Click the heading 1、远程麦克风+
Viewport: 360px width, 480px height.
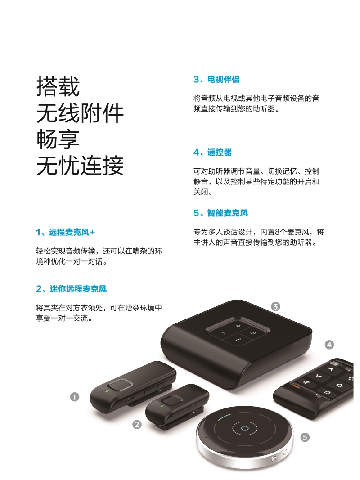click(65, 232)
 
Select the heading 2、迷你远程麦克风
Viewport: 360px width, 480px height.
click(72, 289)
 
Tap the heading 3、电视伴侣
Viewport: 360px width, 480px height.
click(216, 79)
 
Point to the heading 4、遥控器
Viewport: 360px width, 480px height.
click(212, 152)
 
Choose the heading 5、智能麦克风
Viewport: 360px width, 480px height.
click(220, 213)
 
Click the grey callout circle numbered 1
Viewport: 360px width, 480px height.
click(75, 397)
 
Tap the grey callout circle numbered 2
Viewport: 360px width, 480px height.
click(137, 425)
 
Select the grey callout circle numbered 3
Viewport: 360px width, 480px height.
click(275, 306)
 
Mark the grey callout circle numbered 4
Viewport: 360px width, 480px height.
click(329, 345)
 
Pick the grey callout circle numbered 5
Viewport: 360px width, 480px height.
click(305, 437)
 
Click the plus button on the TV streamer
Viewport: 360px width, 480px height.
click(238, 326)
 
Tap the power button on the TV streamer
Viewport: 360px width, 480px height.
click(253, 333)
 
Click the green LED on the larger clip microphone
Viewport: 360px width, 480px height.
click(107, 391)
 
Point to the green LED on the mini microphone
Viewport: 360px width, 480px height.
click(162, 406)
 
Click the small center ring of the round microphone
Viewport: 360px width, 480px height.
click(245, 428)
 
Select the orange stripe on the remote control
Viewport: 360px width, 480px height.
click(297, 386)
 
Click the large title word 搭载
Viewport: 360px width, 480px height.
click(58, 87)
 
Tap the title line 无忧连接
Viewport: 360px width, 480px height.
click(80, 166)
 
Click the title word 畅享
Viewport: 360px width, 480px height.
click(58, 139)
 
